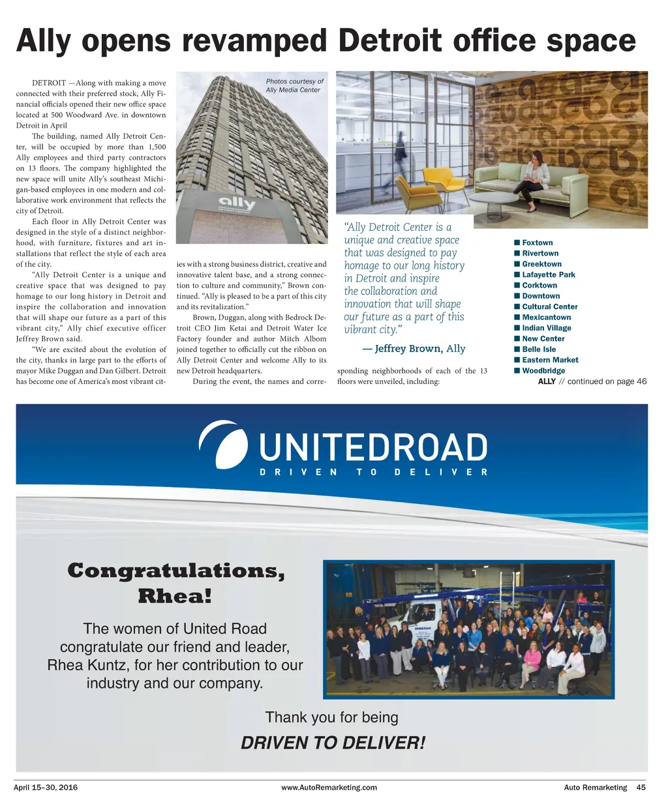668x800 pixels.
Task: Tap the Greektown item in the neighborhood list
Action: tap(541, 264)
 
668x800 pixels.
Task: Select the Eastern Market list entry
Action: tap(550, 360)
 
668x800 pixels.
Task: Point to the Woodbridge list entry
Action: tap(543, 370)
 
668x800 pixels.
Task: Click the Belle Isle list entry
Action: tap(539, 349)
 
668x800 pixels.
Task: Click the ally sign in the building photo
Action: tap(236, 205)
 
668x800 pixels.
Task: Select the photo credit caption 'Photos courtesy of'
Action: tap(294, 81)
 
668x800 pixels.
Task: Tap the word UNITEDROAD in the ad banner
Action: tap(373, 449)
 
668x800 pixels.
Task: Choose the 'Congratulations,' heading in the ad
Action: tap(176, 571)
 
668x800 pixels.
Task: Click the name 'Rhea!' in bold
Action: tap(174, 596)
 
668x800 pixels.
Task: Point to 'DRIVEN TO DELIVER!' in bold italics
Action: tap(333, 743)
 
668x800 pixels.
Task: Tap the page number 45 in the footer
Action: tap(641, 788)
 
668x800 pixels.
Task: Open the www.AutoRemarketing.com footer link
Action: tap(329, 788)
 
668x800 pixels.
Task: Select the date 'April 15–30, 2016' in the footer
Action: tap(46, 788)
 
